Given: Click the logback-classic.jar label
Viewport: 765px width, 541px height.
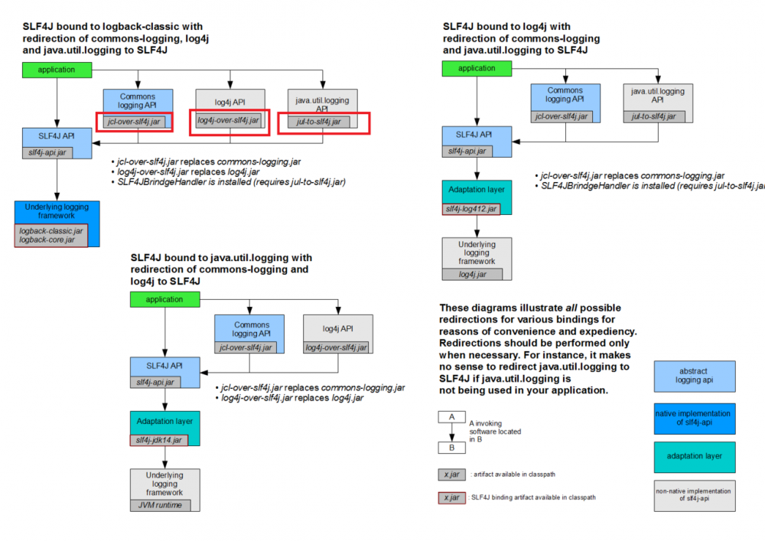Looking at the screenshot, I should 51,230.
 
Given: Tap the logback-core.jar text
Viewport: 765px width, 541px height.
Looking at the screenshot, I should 47,240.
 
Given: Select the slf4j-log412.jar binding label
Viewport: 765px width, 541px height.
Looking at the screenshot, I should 471,209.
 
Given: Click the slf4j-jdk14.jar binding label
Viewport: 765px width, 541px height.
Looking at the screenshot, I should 159,440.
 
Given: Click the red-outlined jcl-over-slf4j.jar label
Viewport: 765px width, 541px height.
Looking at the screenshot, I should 135,121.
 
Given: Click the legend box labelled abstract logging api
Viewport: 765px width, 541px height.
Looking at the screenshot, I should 694,376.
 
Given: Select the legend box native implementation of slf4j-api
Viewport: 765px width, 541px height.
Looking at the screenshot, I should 694,419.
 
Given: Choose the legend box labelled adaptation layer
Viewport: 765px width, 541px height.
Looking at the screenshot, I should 694,456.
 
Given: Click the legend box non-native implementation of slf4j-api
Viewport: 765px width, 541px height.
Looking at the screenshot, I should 694,495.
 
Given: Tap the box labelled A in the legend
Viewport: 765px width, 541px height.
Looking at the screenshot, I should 452,417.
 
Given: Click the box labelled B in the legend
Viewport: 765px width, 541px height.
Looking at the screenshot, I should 452,448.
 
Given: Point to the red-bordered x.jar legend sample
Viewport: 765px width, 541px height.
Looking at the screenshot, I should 452,497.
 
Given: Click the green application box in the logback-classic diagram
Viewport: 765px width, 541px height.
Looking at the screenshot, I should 57,70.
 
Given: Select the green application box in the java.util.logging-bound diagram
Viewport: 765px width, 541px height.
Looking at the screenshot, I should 164,299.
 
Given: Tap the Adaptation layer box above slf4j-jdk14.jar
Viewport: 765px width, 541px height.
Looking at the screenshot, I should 164,422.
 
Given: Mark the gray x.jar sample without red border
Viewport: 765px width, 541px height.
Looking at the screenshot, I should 452,474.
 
